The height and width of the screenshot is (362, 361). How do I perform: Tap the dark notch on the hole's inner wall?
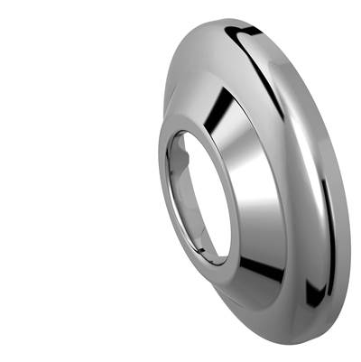[x=180, y=158]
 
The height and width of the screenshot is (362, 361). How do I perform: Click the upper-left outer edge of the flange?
[x=180, y=63]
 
